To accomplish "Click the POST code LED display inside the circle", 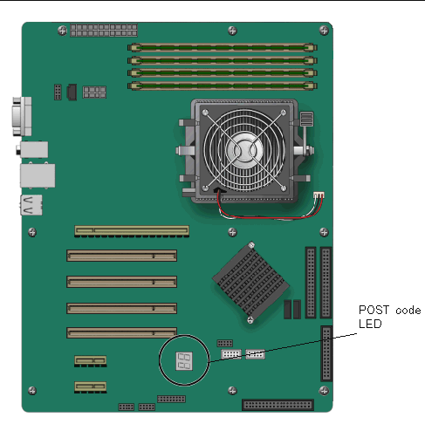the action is [184, 361].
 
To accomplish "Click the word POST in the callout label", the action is [374, 310].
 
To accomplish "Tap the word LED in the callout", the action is [370, 324].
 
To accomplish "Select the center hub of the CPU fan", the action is [244, 150].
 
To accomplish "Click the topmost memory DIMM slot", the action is [223, 47].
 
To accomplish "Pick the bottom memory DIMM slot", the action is [223, 85].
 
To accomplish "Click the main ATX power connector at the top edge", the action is [104, 31].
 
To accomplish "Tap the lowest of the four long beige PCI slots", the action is [121, 332].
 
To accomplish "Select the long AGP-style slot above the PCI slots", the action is [132, 231].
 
